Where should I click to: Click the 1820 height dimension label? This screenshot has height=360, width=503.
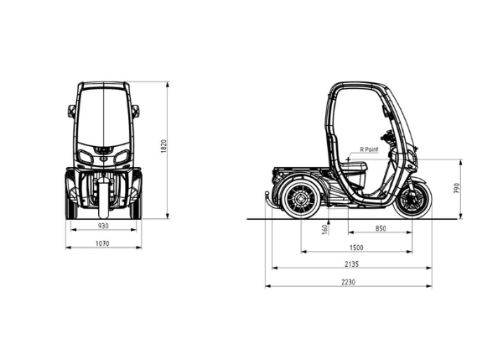click(x=163, y=146)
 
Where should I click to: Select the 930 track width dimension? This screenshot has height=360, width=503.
click(x=103, y=226)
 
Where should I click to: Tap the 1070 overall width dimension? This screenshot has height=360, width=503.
click(x=102, y=243)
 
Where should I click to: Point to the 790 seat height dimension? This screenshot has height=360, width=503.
click(x=457, y=188)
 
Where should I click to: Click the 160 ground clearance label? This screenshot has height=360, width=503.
click(x=324, y=229)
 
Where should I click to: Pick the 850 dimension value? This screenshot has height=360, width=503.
click(x=381, y=228)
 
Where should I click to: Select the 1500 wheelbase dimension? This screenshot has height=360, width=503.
click(x=356, y=248)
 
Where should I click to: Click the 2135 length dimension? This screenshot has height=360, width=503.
click(x=351, y=264)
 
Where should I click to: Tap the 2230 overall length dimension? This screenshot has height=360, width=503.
click(x=349, y=282)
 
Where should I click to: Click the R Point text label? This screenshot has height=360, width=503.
click(x=369, y=149)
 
